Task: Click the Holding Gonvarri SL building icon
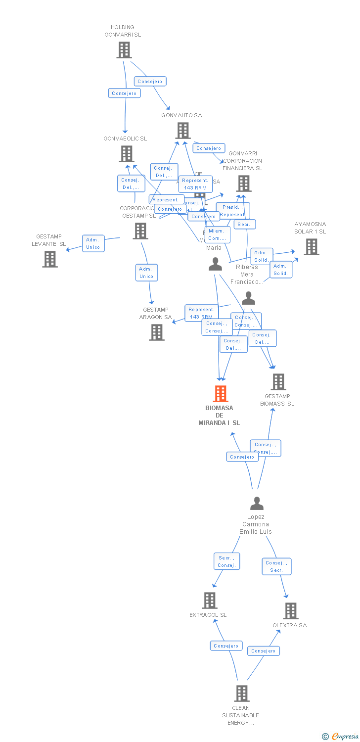click(124, 50)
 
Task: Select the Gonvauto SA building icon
click(182, 131)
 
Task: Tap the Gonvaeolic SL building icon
click(127, 154)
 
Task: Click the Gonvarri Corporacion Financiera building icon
click(243, 184)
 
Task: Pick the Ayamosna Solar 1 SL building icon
click(311, 247)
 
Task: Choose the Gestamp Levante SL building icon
click(49, 259)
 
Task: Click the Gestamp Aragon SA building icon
click(157, 332)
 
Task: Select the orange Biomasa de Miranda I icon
click(220, 394)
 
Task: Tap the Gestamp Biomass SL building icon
click(278, 382)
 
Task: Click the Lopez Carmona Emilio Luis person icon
click(257, 504)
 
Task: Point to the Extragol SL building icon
click(210, 601)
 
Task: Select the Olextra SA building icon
click(290, 611)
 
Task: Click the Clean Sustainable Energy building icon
click(241, 694)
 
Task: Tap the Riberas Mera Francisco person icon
click(248, 298)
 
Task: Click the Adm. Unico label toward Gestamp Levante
click(93, 243)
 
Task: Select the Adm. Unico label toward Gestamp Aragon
click(146, 273)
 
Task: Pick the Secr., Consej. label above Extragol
click(226, 561)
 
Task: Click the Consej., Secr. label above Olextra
click(276, 566)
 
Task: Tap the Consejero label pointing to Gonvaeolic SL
click(124, 93)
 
